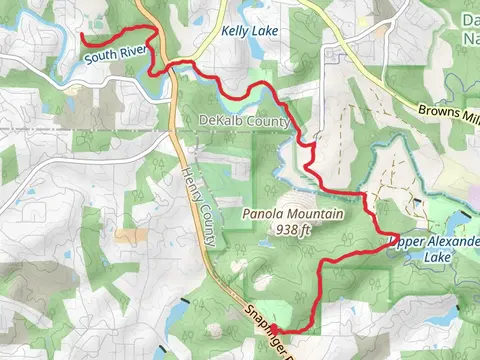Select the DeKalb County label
[x=244, y=121]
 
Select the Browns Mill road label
[x=450, y=111]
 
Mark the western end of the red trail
[x=82, y=35]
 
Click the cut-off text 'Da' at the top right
[x=470, y=19]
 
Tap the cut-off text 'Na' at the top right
[x=471, y=37]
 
